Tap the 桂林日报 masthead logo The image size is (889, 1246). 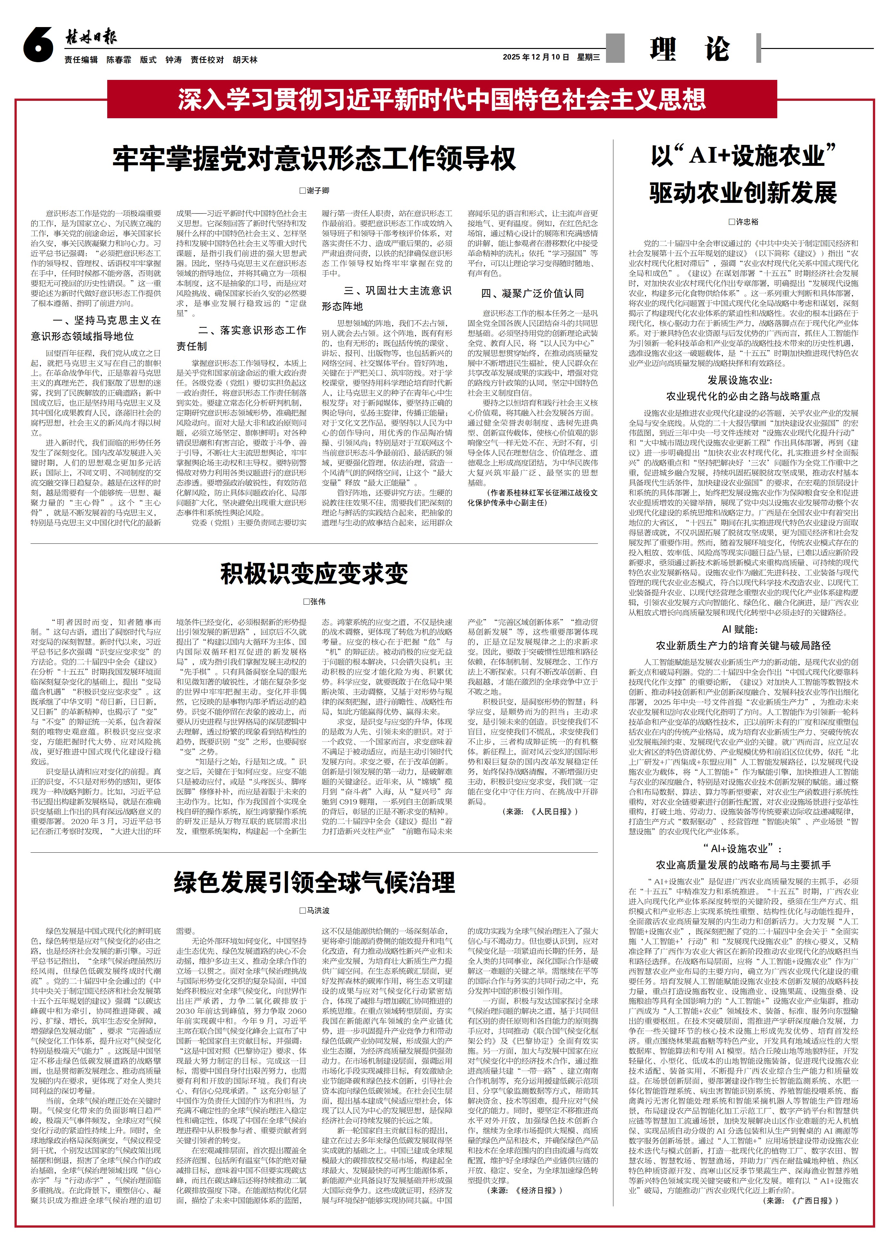(x=91, y=37)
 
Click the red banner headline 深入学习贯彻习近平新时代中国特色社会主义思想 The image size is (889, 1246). (x=441, y=100)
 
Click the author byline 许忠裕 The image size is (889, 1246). (x=743, y=222)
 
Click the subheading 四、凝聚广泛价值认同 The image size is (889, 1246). (x=532, y=293)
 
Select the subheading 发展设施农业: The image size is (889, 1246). (x=743, y=380)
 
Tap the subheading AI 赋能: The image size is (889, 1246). (x=743, y=629)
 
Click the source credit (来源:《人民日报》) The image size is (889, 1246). (x=539, y=811)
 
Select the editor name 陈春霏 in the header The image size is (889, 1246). (x=119, y=60)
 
